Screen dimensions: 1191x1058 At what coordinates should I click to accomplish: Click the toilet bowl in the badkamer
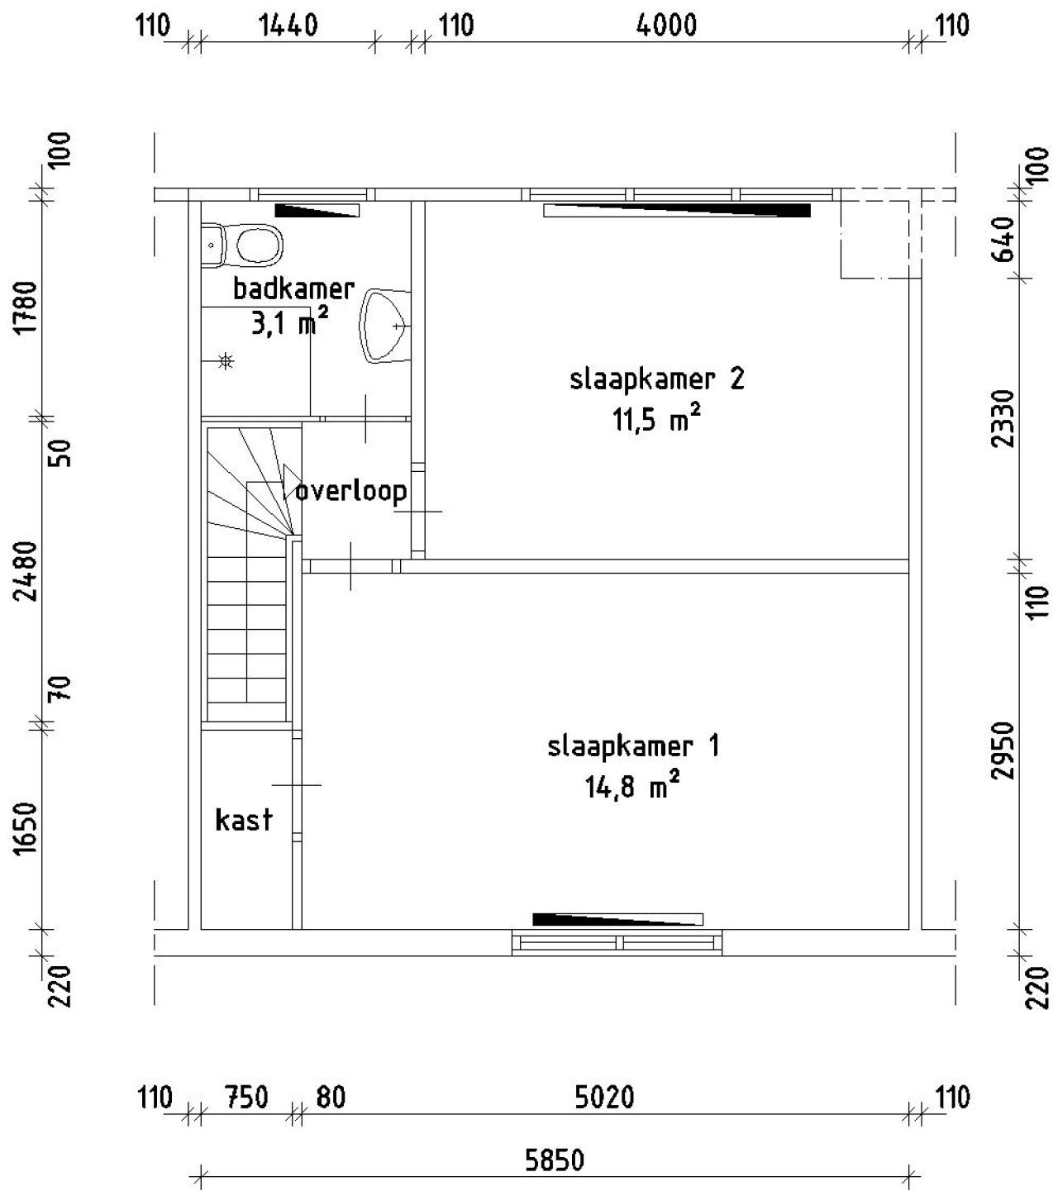coord(259,245)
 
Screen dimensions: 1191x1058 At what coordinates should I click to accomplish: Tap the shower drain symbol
coord(226,360)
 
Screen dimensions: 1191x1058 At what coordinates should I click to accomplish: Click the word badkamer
coord(293,289)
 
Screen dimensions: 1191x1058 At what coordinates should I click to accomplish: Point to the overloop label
coord(351,492)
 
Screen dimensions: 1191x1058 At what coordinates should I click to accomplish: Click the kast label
coord(243,820)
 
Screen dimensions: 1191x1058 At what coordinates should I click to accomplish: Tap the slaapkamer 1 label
coord(633,746)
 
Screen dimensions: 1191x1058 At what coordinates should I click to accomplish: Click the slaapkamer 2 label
coord(656,379)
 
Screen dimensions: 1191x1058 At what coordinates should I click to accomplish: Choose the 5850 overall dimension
coord(554,1160)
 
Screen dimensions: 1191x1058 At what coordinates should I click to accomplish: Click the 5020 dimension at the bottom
coord(604,1098)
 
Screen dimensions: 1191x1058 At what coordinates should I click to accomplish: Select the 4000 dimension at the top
coord(666,26)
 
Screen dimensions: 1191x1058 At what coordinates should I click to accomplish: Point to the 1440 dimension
coord(288,26)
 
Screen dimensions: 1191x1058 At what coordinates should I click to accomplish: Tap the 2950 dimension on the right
coord(1003,750)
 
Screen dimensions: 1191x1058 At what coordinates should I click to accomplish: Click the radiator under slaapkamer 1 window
coord(617,918)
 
